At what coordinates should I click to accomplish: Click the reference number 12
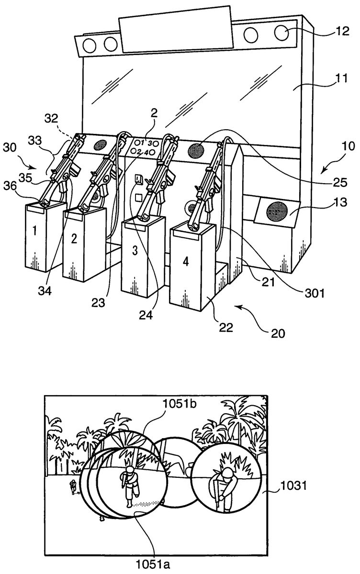coord(342,31)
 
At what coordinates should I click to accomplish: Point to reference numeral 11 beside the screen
coord(340,78)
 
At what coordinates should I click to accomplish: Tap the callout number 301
coord(315,293)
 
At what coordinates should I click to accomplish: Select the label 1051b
coord(180,404)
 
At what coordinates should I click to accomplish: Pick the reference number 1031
coord(293,485)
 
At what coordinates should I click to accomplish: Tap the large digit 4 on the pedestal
coord(186,262)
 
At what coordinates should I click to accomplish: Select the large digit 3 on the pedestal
coord(135,251)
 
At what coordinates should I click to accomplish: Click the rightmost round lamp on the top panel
coord(282,33)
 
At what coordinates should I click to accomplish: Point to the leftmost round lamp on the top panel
coord(90,45)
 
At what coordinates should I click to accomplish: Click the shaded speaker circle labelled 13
coord(276,211)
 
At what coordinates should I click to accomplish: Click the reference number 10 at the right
coord(348,146)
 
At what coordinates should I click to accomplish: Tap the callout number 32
coord(52,119)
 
